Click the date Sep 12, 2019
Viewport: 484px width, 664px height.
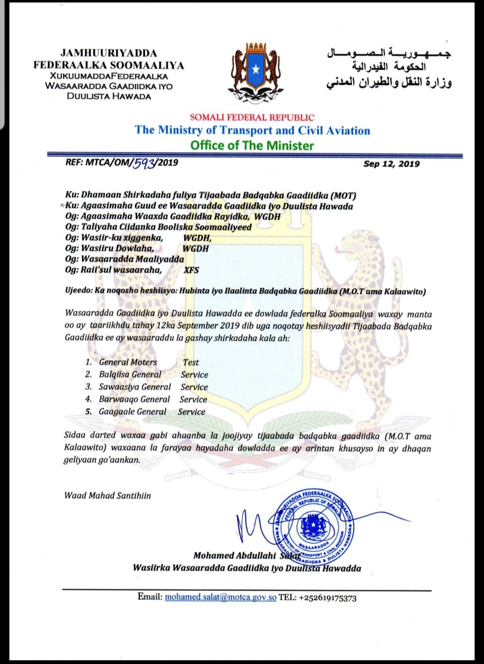pyautogui.click(x=391, y=164)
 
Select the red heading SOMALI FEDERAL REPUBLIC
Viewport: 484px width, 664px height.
pyautogui.click(x=252, y=117)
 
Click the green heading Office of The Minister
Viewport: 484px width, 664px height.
pyautogui.click(x=252, y=145)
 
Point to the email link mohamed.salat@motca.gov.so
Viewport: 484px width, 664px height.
pyautogui.click(x=220, y=597)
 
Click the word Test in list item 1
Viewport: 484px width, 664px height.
pyautogui.click(x=191, y=362)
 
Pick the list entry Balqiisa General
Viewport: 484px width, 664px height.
pyautogui.click(x=130, y=374)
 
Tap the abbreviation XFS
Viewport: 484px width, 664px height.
pyautogui.click(x=191, y=270)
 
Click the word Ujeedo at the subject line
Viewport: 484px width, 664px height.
pyautogui.click(x=78, y=291)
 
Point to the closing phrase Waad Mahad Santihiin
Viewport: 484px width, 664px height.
pyautogui.click(x=108, y=495)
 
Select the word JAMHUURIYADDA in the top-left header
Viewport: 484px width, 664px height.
pyautogui.click(x=109, y=53)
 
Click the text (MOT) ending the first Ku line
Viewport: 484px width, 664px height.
pyautogui.click(x=343, y=195)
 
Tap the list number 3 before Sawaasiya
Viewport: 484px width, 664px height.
pyautogui.click(x=88, y=386)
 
